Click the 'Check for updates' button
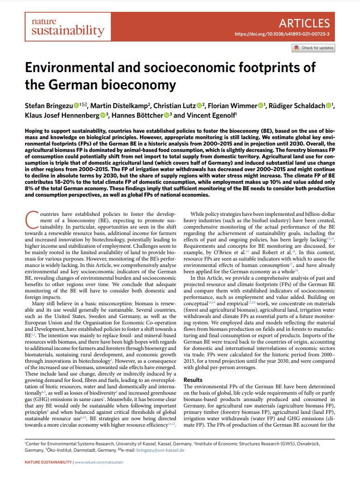tap(313, 48)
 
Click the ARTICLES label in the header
tap(304, 23)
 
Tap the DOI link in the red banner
tap(282, 34)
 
